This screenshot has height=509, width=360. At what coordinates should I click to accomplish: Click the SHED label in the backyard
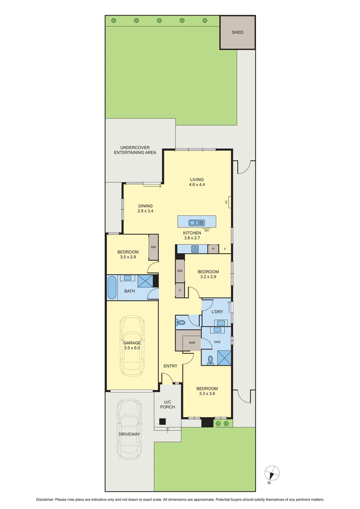[x=237, y=33]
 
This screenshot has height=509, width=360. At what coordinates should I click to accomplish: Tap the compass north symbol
[x=272, y=472]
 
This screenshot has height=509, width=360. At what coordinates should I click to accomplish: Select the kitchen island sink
[x=196, y=222]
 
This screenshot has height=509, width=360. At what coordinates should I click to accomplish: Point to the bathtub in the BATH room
[x=112, y=288]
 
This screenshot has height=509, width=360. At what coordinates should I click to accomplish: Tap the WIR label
[x=192, y=343]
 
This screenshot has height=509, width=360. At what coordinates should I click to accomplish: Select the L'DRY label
[x=217, y=312]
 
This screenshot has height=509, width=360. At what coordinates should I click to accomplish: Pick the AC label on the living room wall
[x=226, y=202]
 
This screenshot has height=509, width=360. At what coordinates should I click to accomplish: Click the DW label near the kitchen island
[x=206, y=230]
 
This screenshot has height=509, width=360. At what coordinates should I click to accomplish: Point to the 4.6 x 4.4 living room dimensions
[x=197, y=185]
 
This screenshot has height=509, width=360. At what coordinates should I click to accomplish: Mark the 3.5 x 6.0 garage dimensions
[x=132, y=348]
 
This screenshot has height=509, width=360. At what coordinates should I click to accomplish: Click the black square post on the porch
[x=162, y=421]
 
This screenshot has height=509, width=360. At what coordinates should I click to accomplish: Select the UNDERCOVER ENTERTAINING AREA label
[x=134, y=150]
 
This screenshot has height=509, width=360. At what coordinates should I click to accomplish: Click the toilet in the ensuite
[x=210, y=359]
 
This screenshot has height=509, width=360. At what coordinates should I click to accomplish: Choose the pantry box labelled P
[x=213, y=249]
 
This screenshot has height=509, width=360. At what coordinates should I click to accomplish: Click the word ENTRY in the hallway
[x=170, y=366]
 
